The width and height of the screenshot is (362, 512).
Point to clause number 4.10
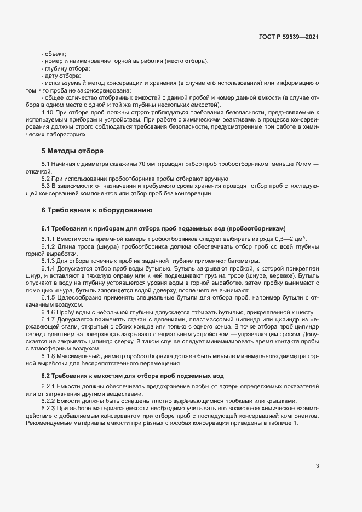(49, 111)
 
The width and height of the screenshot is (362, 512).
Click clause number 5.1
(46, 164)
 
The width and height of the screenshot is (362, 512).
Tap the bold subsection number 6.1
(46, 228)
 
